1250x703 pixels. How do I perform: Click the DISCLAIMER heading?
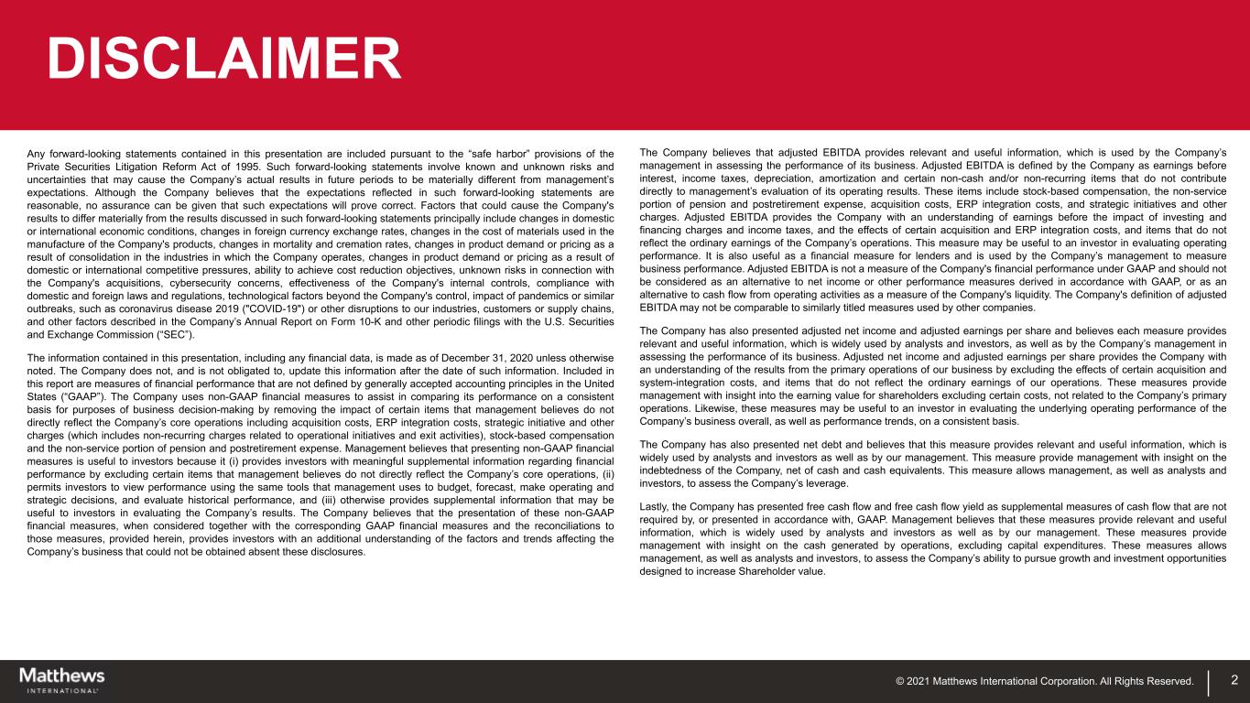[224, 59]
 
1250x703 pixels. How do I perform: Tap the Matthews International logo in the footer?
[62, 679]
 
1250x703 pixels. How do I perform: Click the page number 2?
[1234, 680]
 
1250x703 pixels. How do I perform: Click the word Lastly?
[655, 506]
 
